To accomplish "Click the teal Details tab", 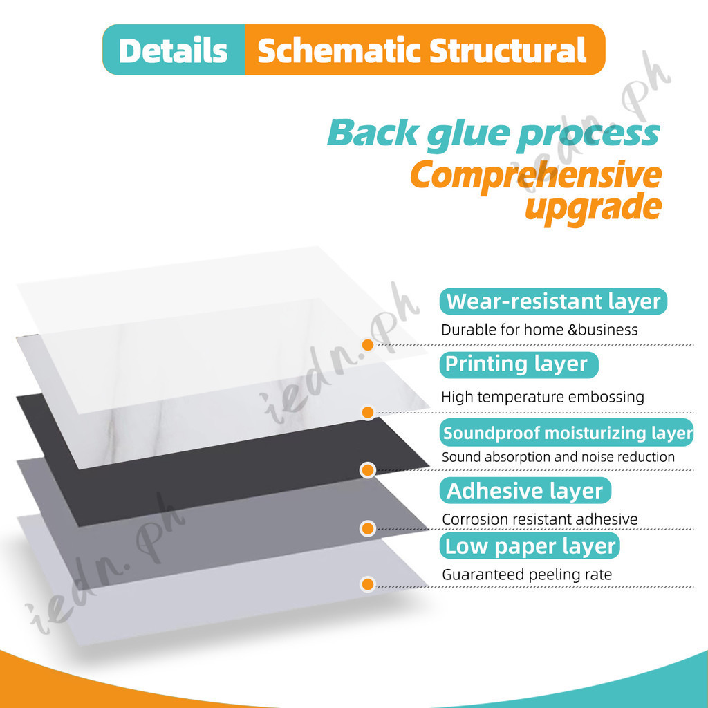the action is [x=173, y=50].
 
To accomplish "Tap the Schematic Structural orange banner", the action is [x=422, y=50].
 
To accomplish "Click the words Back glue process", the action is [x=493, y=132].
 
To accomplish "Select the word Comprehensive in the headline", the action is [x=535, y=175].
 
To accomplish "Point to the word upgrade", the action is [x=592, y=206].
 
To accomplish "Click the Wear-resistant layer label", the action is [x=553, y=302].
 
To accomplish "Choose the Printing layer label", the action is [x=516, y=364].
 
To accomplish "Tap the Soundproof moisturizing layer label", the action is [x=567, y=433].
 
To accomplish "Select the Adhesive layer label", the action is [x=525, y=491].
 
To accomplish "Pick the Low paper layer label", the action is [x=530, y=546].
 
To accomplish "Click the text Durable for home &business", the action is [x=539, y=330].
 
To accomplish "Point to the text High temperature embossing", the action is [x=543, y=397].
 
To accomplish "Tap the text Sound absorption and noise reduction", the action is [x=558, y=457].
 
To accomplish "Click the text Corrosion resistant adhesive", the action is [x=539, y=519].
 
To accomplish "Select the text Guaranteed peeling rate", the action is [x=527, y=575].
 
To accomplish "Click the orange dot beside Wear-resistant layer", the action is [x=368, y=344].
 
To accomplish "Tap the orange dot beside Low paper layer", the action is [x=368, y=584].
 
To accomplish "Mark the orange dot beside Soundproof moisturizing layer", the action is [x=368, y=470].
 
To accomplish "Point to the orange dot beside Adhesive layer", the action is [x=368, y=529].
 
